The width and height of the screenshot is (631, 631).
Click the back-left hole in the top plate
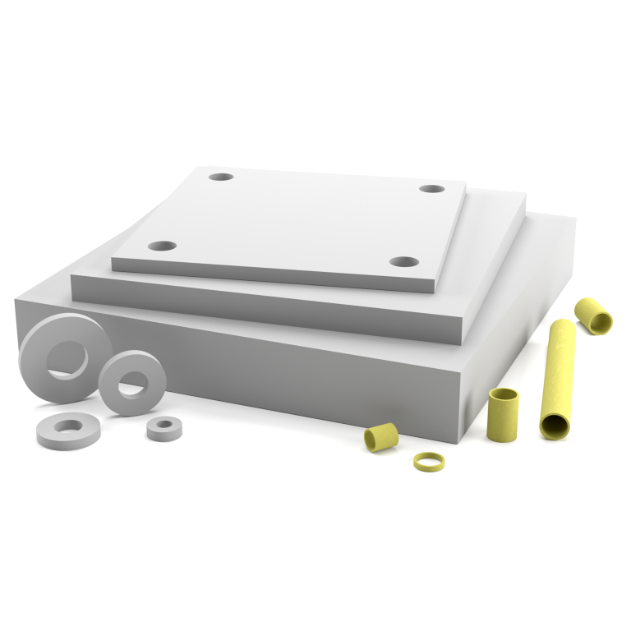pos(221,177)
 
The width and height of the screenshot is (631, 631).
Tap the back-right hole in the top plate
pos(431,189)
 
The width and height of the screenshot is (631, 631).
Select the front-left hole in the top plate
pos(162,246)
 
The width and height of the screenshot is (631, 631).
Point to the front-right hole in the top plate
pos(403,262)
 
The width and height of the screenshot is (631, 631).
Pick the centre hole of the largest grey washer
pos(67,358)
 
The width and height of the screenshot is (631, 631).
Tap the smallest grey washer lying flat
pos(164,427)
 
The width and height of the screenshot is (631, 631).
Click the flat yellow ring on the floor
pos(428,461)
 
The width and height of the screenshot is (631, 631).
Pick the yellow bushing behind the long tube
pos(592,315)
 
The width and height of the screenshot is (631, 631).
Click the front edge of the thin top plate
pos(271,275)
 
